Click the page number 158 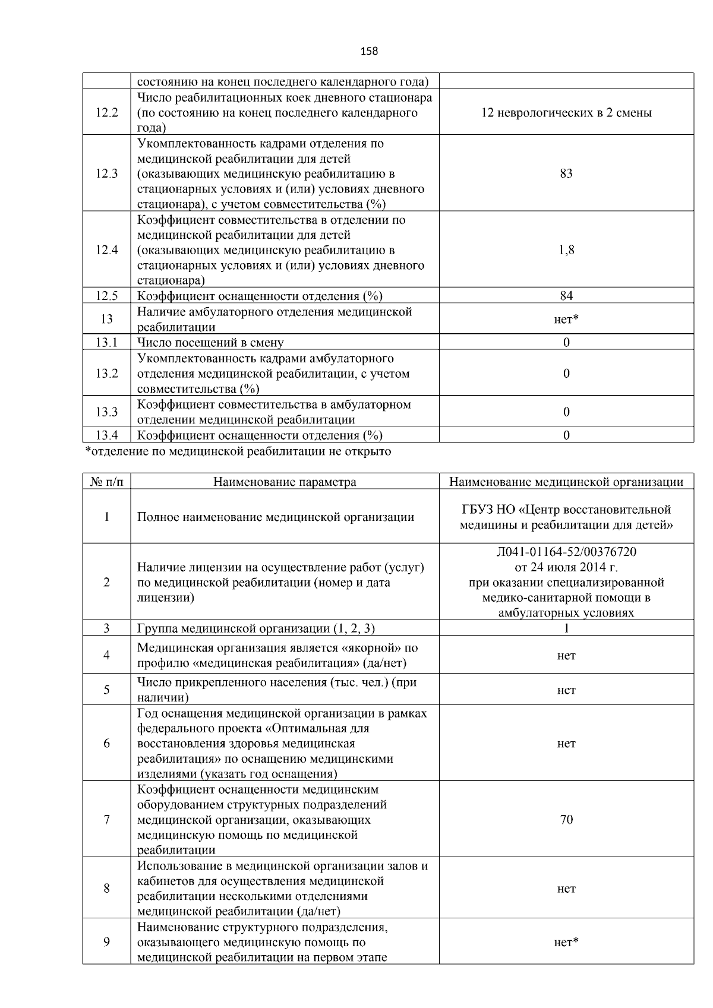point(369,51)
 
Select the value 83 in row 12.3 point(566,173)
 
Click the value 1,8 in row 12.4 point(566,250)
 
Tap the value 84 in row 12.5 point(566,296)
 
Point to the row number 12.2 point(106,113)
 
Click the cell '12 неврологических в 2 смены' point(566,113)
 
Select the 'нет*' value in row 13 point(566,320)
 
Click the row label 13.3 point(106,412)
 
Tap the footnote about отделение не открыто point(238,451)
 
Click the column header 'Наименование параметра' point(285,482)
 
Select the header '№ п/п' point(106,482)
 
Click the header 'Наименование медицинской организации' point(566,482)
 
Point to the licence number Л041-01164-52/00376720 point(566,552)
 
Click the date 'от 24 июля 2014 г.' point(566,567)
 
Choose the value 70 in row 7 point(566,820)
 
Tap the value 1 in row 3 point(566,628)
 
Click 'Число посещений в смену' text point(210,343)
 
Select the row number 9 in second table point(106,942)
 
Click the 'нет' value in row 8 point(566,889)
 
